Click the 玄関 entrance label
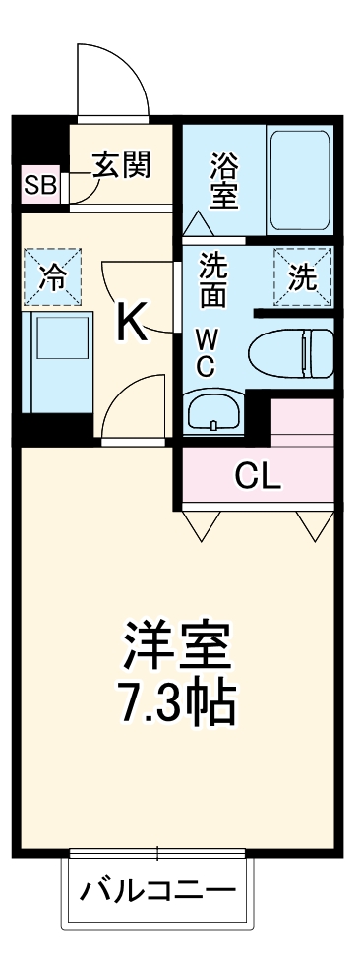point(123,164)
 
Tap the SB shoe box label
point(41,184)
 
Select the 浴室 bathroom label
point(224,179)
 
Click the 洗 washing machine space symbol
point(303,276)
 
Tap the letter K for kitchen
point(133,323)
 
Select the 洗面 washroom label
point(213,279)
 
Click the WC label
point(208,352)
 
